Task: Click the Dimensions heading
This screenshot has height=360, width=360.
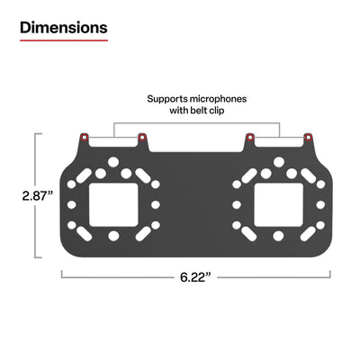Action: pos(63,27)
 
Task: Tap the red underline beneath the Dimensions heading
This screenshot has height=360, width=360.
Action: pos(63,41)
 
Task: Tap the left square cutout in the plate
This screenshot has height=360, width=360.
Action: pos(113,203)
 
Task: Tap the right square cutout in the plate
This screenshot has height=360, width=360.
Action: pos(278,203)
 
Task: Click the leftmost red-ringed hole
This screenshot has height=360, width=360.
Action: pos(84,138)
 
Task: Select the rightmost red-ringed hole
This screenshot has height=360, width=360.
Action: pos(308,138)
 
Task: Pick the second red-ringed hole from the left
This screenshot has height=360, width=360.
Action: pos(142,138)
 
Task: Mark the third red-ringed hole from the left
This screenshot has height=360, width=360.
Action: pos(249,138)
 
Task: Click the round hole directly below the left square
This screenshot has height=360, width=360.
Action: pos(113,235)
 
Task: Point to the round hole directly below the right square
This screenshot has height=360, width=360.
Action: pos(278,235)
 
